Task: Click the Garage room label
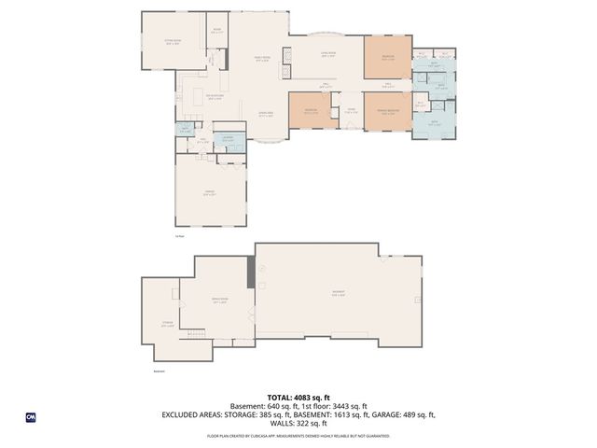210,193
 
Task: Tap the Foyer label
352,112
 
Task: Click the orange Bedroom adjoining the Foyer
312,111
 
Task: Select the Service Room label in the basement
220,301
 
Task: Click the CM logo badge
31,417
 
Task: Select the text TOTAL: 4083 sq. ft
298,398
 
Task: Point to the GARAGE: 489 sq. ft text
402,414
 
